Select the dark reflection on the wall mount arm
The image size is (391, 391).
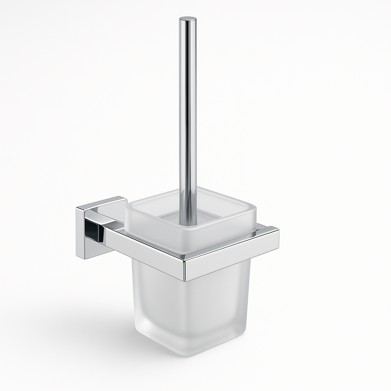100,233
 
